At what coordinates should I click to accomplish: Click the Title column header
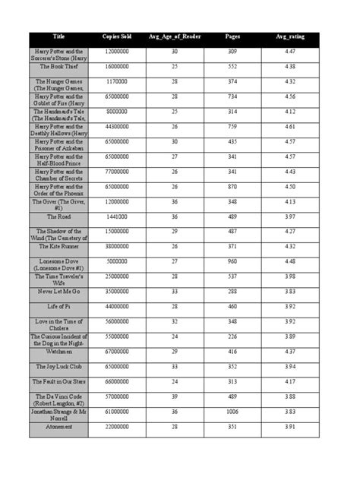58,36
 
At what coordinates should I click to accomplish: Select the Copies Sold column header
116,36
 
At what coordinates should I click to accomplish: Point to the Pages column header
232,36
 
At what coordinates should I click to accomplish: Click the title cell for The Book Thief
58,66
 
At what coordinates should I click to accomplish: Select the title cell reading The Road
58,216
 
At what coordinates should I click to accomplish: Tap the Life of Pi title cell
58,306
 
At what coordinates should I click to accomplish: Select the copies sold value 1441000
116,216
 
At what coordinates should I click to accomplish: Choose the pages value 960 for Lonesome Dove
232,261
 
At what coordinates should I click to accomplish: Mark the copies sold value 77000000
116,172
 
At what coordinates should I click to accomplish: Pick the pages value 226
232,336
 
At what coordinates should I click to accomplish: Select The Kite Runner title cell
58,246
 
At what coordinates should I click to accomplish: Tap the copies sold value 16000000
116,66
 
